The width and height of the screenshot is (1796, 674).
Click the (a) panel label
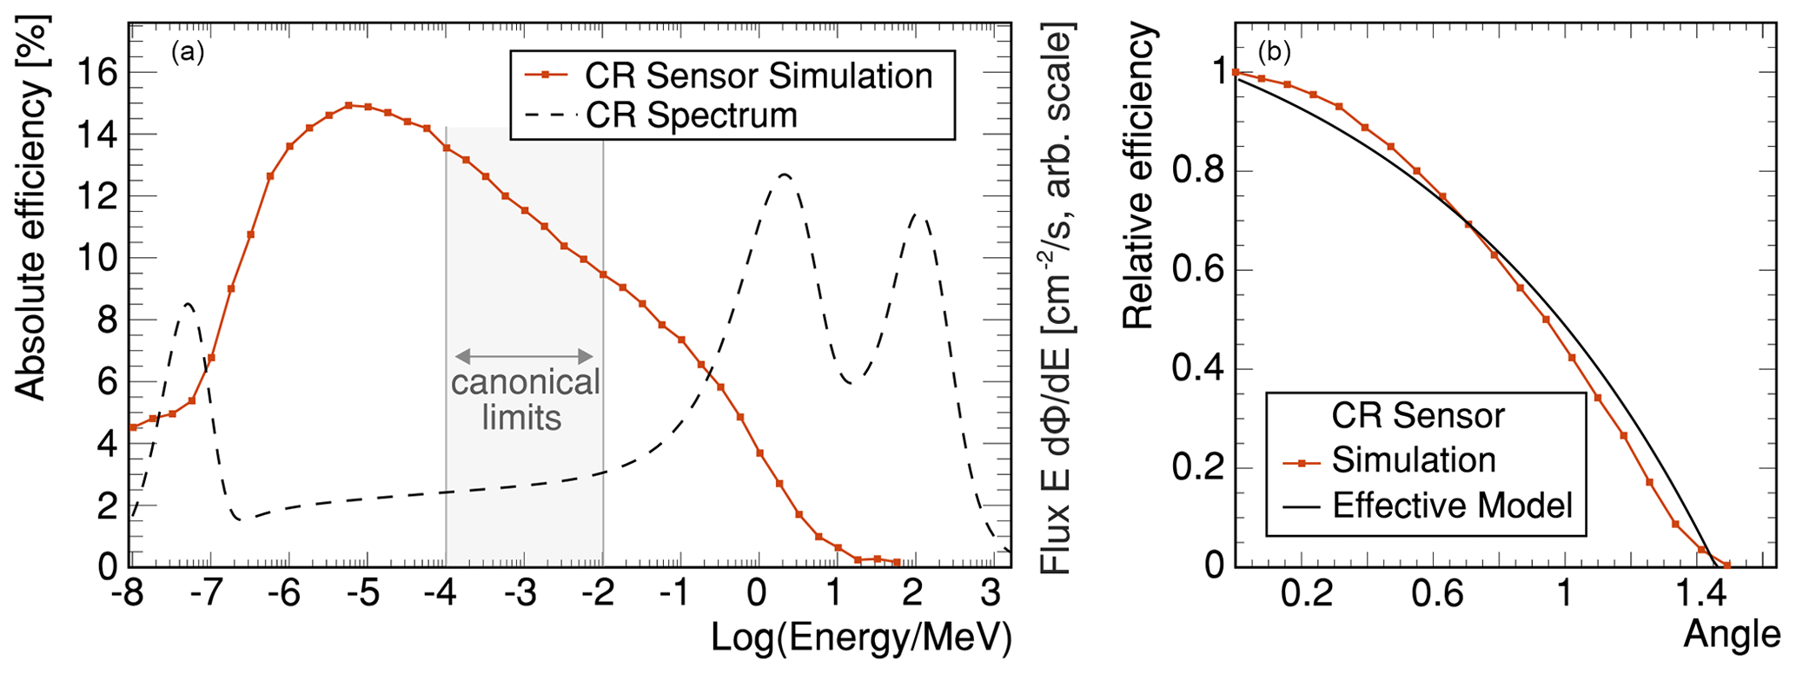(188, 53)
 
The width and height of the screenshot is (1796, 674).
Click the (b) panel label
(1275, 53)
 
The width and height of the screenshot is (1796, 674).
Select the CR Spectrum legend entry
(692, 116)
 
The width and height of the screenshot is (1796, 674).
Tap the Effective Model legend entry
(1452, 505)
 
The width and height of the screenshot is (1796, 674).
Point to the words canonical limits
(525, 400)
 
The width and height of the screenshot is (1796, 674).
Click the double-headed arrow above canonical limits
(524, 355)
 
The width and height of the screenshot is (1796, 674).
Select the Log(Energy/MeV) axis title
(861, 638)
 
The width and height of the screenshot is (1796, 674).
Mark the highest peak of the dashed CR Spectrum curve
(784, 175)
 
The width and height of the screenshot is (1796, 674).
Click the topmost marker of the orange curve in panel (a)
(348, 105)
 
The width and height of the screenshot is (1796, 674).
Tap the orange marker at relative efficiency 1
(1236, 72)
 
